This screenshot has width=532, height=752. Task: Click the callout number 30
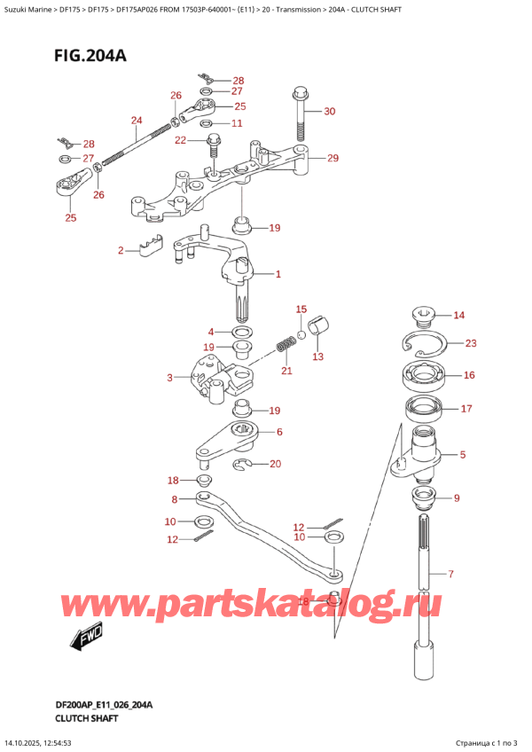(x=330, y=111)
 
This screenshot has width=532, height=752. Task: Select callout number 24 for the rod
(x=136, y=121)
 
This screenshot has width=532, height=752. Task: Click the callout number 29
(x=332, y=159)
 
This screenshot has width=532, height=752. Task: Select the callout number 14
(x=458, y=315)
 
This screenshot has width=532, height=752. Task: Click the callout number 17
(x=467, y=409)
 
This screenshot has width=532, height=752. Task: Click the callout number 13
(x=317, y=356)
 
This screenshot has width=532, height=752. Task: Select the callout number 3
(x=170, y=379)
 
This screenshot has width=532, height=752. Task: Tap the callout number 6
(x=278, y=432)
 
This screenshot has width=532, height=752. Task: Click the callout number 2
(x=121, y=251)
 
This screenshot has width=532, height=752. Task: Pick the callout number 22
(x=180, y=140)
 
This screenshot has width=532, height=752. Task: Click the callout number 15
(x=301, y=309)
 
